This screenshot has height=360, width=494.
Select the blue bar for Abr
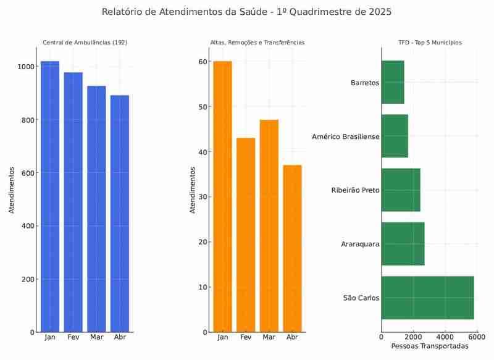(120, 213)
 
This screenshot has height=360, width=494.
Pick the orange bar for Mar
(269, 225)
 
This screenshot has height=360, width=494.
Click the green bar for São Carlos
(427, 298)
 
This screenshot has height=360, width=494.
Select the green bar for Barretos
(393, 82)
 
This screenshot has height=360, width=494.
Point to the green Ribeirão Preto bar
(401, 190)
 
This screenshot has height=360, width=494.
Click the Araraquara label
(360, 244)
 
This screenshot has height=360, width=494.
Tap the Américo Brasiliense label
(346, 136)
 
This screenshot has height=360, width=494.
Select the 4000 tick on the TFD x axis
(445, 338)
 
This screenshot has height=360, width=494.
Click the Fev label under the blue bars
(73, 337)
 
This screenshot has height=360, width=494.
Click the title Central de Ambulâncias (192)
(85, 43)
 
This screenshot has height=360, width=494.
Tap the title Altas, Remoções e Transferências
(257, 43)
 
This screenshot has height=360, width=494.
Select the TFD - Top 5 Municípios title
(430, 43)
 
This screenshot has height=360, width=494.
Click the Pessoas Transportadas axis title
(430, 346)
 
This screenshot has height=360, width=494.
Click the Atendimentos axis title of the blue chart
(12, 190)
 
